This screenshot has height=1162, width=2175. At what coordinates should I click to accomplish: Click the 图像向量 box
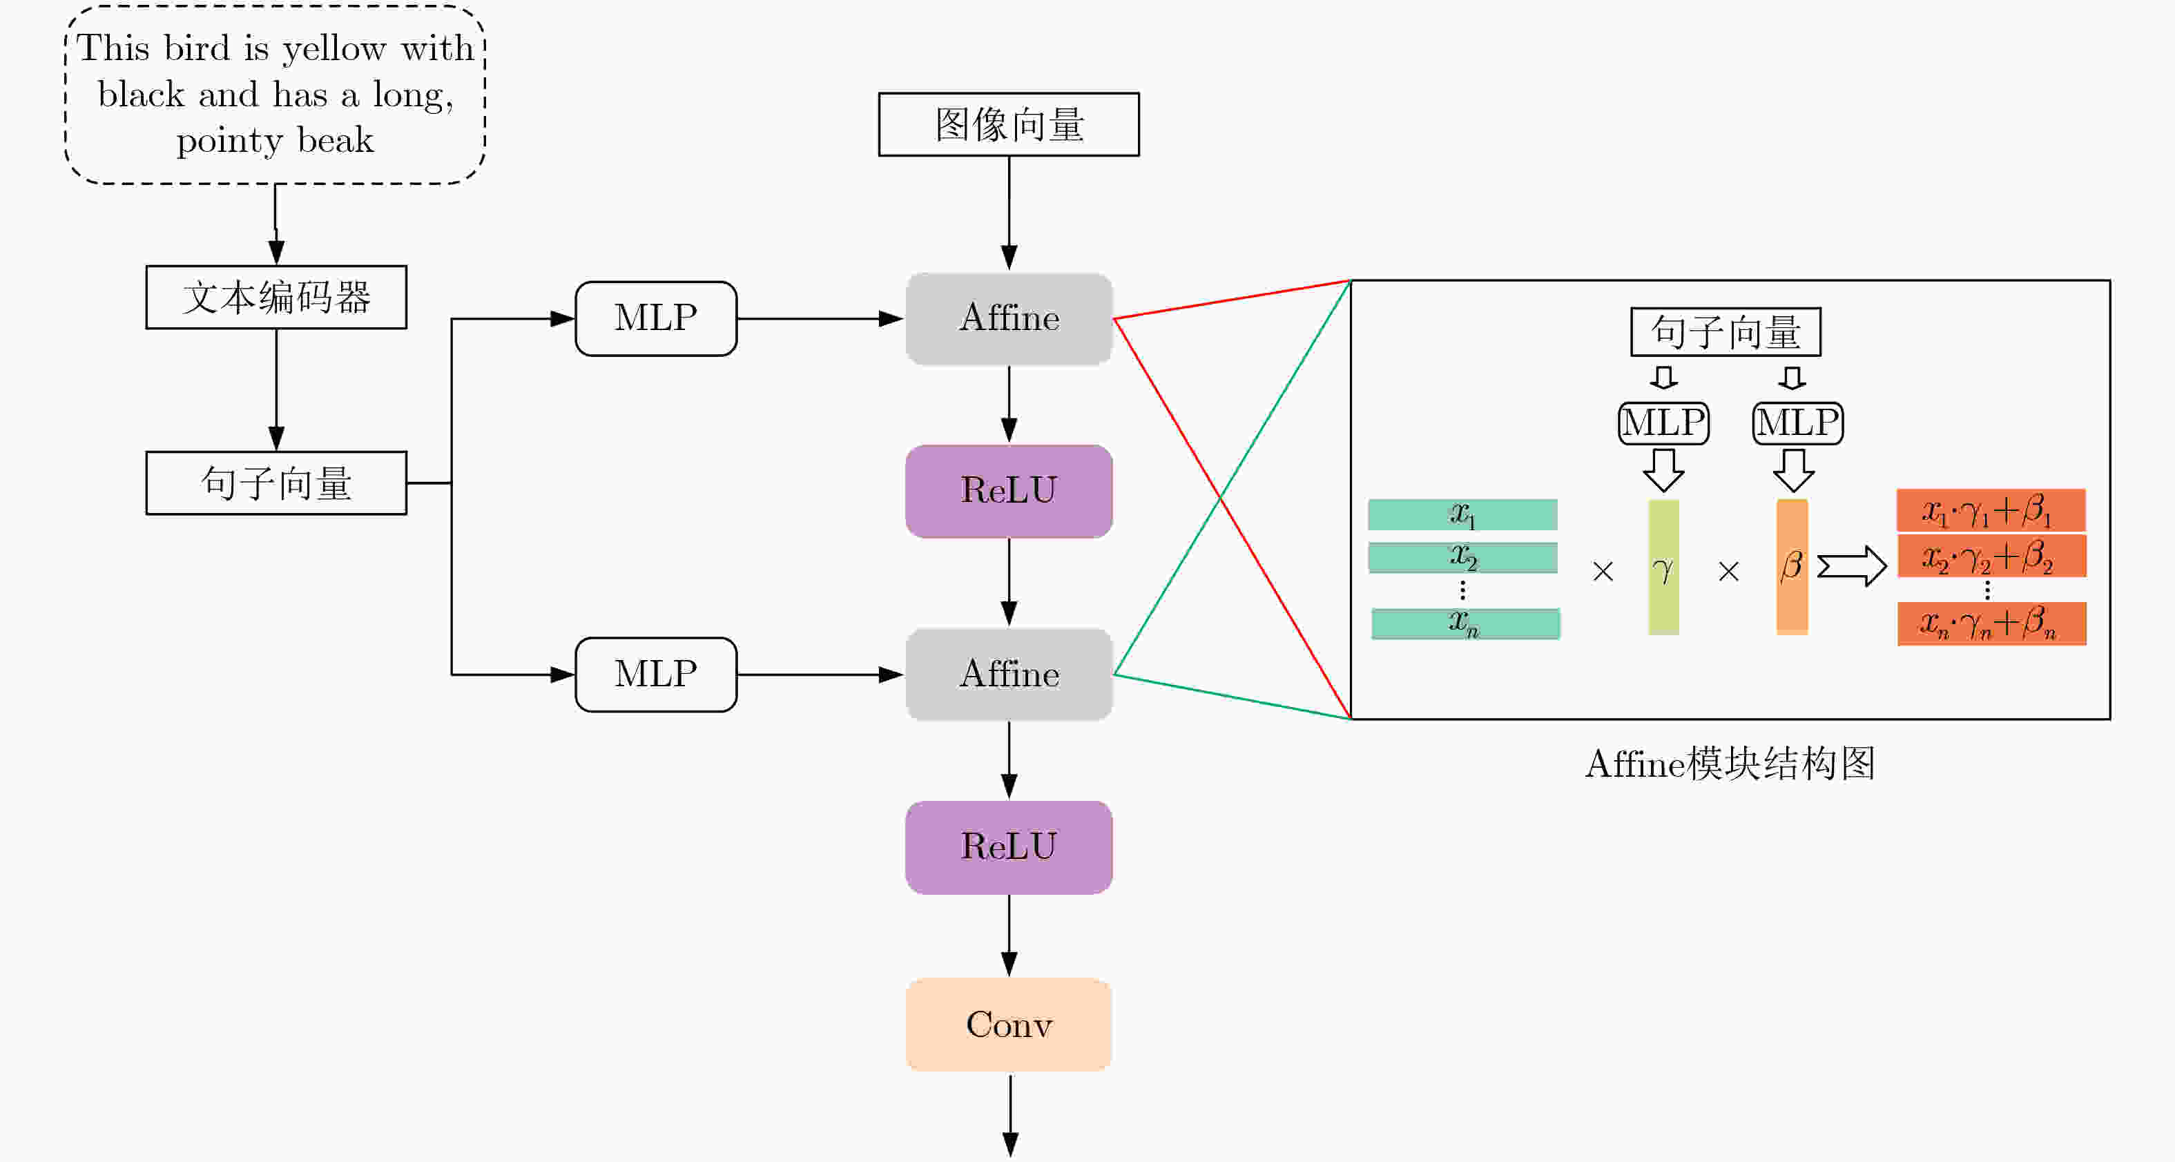tap(1008, 124)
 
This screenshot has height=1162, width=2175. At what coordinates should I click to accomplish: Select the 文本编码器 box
tap(276, 298)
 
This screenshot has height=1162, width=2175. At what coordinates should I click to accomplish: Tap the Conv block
tap(1008, 1025)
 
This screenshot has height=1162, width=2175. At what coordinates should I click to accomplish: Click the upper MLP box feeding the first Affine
tap(655, 318)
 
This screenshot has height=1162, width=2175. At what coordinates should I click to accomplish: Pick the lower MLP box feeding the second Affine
tap(655, 674)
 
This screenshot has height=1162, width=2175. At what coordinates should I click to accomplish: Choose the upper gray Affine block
tap(1008, 318)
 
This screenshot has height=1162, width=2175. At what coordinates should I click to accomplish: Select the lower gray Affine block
tap(1008, 674)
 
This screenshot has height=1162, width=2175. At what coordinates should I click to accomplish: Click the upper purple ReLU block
tap(1008, 491)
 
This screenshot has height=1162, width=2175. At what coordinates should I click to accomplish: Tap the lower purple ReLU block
tap(1008, 847)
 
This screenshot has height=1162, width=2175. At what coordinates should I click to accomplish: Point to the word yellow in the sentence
tap(335, 49)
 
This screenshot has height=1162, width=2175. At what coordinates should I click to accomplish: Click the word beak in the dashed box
tap(335, 140)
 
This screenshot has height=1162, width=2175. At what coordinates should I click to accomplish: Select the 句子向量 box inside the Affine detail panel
tap(1725, 332)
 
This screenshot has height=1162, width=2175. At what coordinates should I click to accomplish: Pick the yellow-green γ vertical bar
tap(1663, 567)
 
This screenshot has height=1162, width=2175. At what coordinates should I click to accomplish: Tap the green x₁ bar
tap(1462, 514)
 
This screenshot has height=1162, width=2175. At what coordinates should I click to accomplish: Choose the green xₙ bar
tap(1465, 623)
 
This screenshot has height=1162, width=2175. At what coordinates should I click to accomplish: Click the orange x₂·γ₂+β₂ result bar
tap(1991, 556)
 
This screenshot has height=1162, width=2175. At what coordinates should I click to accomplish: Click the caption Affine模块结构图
tap(1729, 764)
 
